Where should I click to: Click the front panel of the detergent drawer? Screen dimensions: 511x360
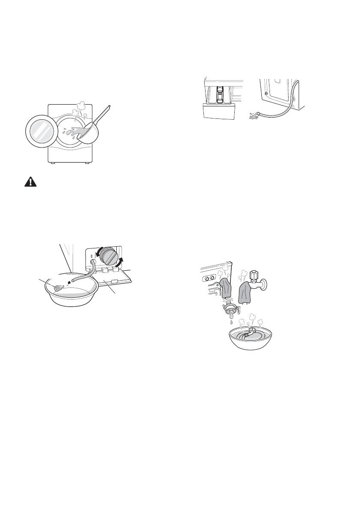218,112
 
